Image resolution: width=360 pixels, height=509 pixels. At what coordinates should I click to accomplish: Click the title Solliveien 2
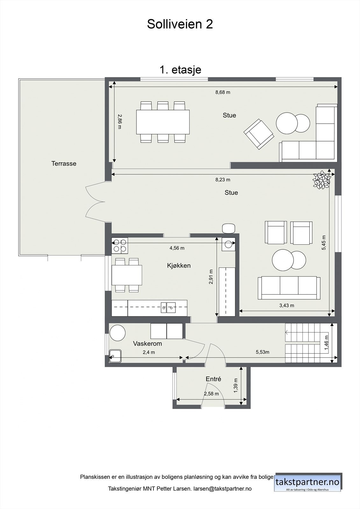[x=180, y=24]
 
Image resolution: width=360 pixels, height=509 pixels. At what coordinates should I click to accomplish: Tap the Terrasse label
[x=64, y=164]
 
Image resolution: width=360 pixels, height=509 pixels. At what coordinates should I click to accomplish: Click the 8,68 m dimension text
[x=222, y=92]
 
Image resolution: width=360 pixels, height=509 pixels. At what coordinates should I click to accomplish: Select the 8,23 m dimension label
[x=222, y=179]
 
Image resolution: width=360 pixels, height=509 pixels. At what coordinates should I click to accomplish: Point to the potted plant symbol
[x=321, y=180]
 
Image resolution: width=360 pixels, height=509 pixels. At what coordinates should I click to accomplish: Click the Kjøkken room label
[x=179, y=265]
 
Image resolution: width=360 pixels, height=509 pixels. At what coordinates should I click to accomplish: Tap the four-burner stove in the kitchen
[x=120, y=246]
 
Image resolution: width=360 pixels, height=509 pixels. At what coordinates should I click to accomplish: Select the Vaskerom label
[x=147, y=344]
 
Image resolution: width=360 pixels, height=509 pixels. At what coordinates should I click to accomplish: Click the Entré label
[x=213, y=379]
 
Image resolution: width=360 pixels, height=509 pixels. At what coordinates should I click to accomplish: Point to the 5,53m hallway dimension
[x=262, y=352]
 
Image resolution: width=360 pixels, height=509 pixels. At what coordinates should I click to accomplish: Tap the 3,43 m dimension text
[x=286, y=305]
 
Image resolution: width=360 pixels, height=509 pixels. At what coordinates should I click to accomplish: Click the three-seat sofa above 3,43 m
[x=289, y=288]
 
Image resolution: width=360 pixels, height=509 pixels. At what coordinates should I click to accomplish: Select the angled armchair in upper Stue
[x=259, y=134]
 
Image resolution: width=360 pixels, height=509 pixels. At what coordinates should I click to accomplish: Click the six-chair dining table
[x=163, y=122]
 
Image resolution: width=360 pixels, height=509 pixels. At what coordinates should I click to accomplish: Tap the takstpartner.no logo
[x=307, y=482]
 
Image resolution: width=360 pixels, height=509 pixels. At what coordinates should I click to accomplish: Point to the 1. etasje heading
[x=180, y=69]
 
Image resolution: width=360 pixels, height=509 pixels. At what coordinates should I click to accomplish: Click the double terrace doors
[x=95, y=202]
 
